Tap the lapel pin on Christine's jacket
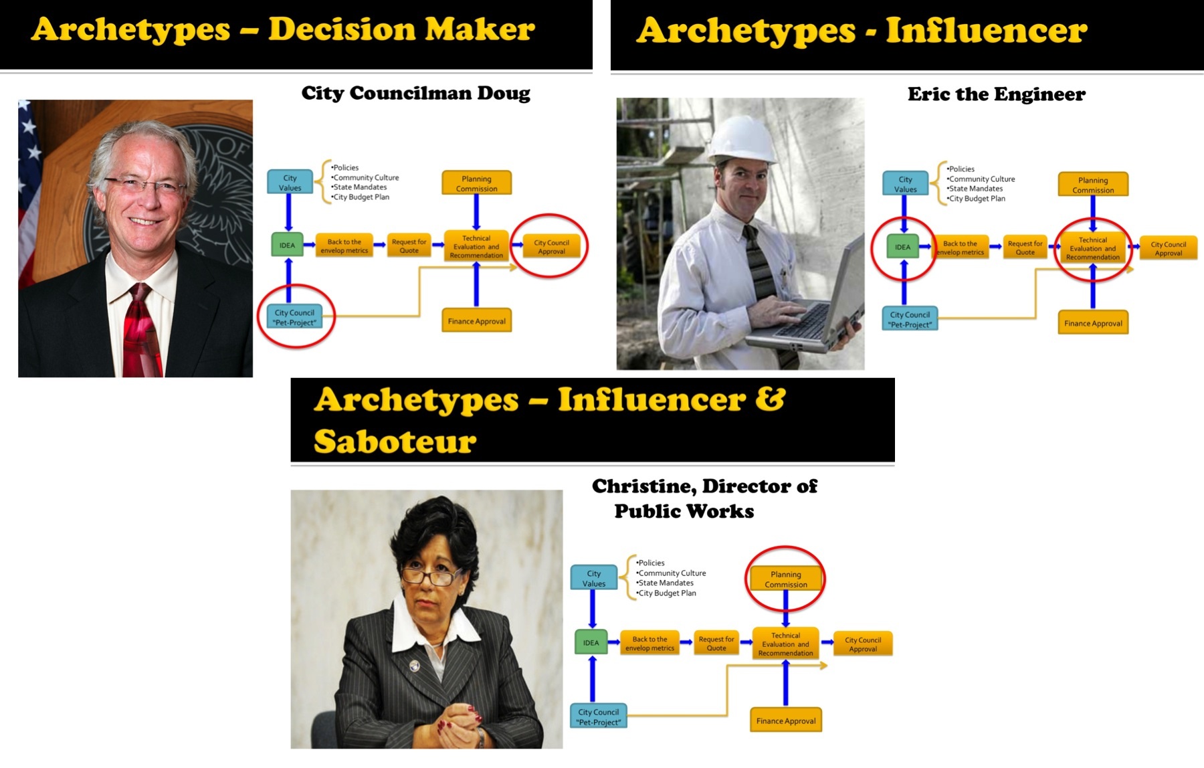tap(415, 666)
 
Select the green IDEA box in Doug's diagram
tap(287, 246)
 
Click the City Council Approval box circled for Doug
tap(551, 247)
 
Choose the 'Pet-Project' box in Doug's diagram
tap(294, 317)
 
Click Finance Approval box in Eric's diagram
tap(1093, 323)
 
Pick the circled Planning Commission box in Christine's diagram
tap(786, 579)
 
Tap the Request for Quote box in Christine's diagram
tap(716, 644)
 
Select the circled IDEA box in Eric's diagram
tap(902, 247)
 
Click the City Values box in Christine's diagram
tap(593, 578)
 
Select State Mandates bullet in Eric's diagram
tap(976, 189)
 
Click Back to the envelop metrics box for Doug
tap(344, 246)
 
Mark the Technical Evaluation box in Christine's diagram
tap(785, 644)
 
